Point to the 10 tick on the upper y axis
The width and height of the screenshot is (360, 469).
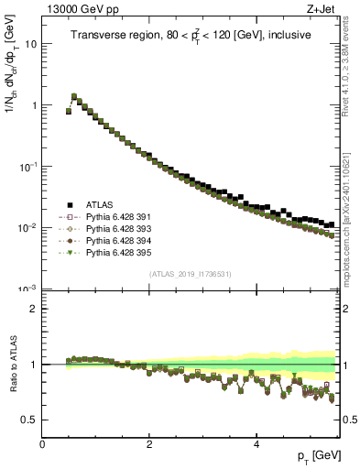(x=31, y=44)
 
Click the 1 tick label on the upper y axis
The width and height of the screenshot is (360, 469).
(x=34, y=105)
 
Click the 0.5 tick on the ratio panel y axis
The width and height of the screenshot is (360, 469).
(x=29, y=420)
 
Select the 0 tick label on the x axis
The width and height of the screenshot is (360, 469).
(x=42, y=445)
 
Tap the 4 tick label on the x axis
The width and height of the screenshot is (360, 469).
(x=256, y=445)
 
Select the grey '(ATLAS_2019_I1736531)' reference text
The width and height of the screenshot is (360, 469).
(x=191, y=274)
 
